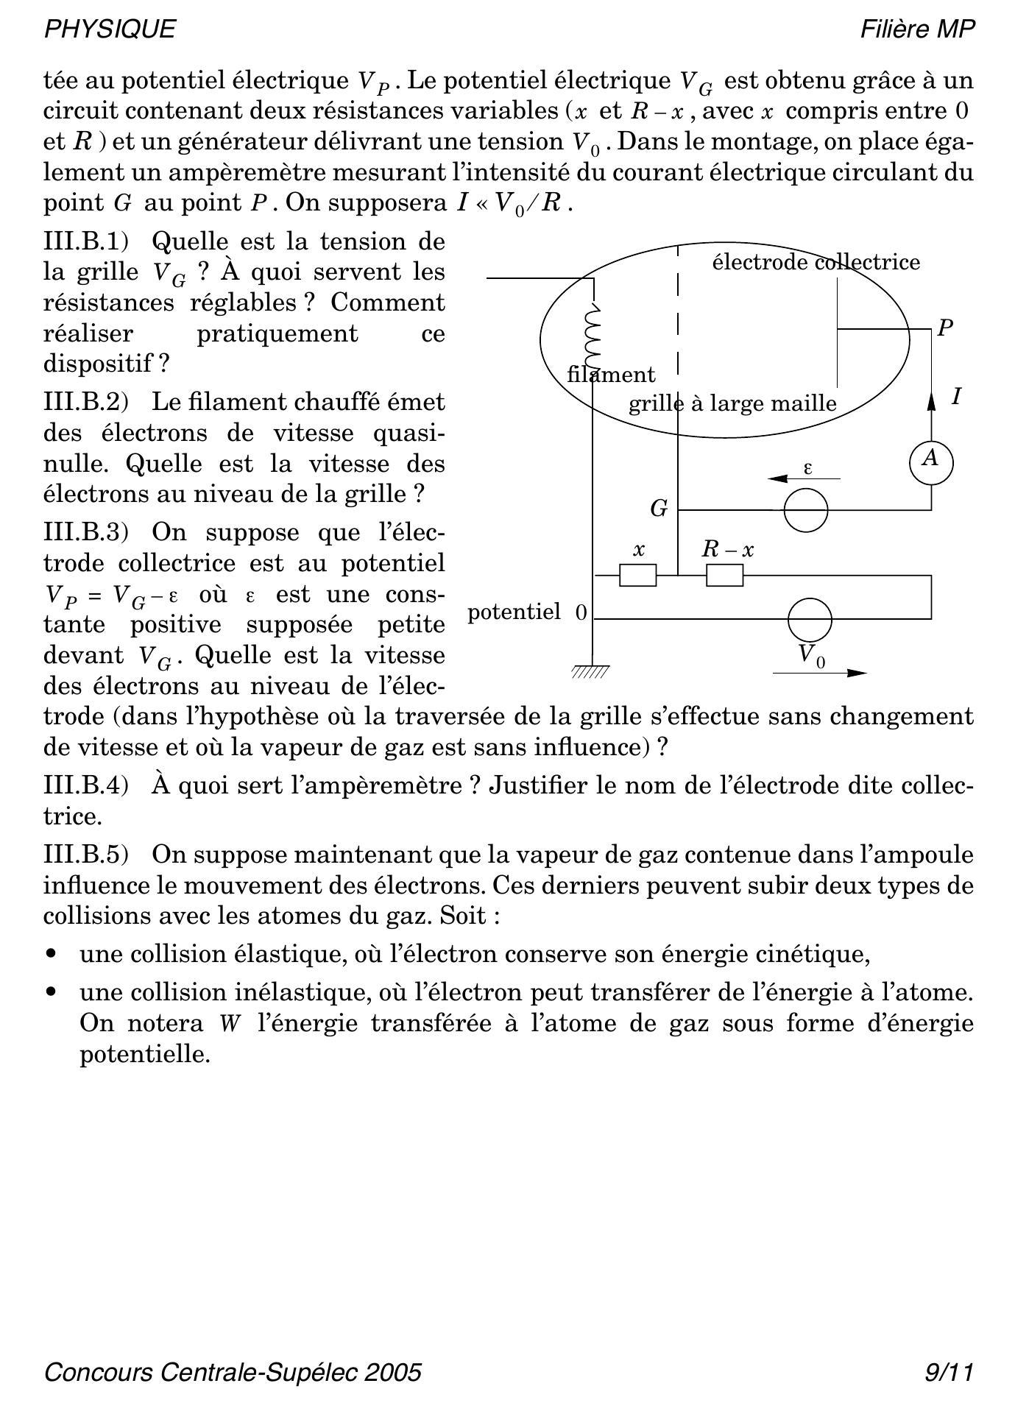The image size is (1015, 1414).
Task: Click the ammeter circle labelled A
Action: tap(931, 462)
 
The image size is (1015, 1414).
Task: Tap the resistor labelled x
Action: tap(637, 575)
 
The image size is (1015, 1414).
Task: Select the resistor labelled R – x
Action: tap(724, 575)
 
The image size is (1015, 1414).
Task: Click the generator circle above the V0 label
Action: tap(810, 620)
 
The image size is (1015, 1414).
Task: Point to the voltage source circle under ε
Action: tap(805, 509)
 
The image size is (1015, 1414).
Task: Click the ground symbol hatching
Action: tap(590, 671)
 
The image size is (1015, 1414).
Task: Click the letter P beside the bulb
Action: tap(946, 328)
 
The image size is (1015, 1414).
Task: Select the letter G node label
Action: tap(659, 509)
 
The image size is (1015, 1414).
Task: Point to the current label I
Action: tap(956, 397)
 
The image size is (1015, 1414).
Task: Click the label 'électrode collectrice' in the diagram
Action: tap(816, 262)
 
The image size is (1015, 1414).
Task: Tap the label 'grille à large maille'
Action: tap(732, 403)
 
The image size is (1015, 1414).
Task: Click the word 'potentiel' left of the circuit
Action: tap(514, 612)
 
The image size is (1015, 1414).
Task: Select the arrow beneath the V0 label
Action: tap(820, 673)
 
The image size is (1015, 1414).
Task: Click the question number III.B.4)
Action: tap(86, 785)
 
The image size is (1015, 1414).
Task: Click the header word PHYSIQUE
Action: tap(110, 29)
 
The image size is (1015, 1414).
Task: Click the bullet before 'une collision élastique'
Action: tap(51, 954)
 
